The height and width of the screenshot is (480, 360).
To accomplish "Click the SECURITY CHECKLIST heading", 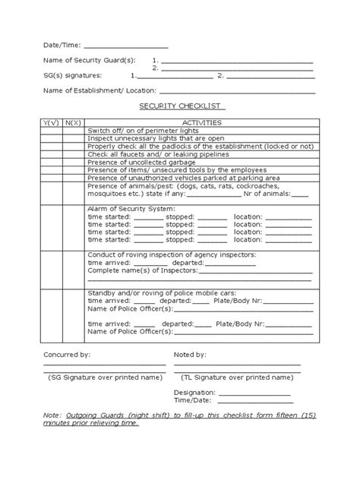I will click(x=180, y=108).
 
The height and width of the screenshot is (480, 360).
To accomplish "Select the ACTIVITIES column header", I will click(x=201, y=122).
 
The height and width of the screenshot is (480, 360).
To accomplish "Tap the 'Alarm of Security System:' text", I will click(x=132, y=208).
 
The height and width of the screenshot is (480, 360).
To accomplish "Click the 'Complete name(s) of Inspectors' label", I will click(x=144, y=270).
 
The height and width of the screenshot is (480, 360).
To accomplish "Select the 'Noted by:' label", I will click(x=190, y=355).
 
